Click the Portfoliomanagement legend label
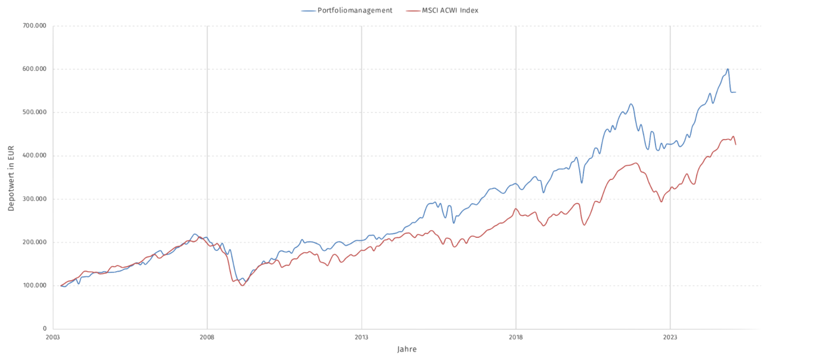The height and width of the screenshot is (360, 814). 355,11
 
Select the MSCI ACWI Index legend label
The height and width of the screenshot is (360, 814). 451,11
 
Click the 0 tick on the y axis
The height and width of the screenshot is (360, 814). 45,329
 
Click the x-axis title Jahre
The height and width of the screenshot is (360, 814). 407,349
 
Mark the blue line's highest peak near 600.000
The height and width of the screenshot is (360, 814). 728,69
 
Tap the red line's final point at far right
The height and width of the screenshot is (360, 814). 736,144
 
